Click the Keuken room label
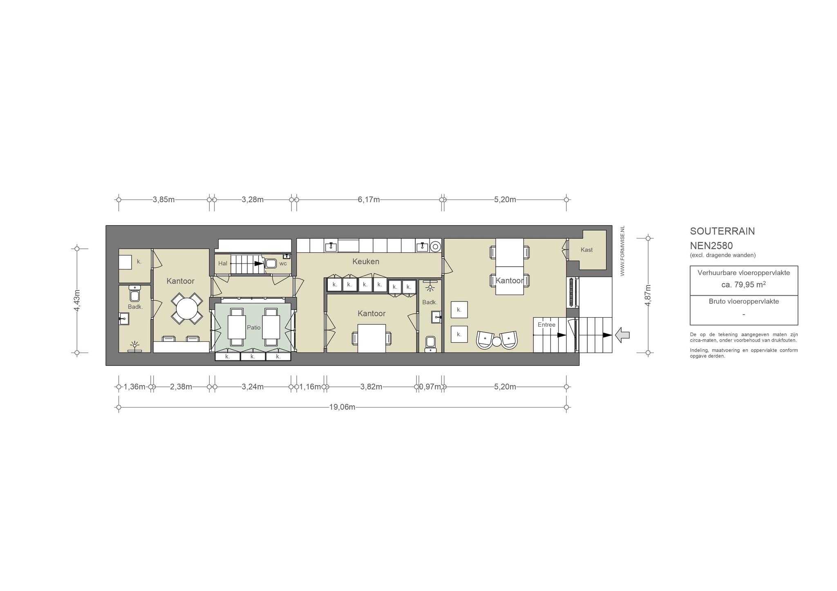(366, 261)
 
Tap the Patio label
(254, 327)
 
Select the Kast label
(586, 250)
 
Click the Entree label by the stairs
(546, 325)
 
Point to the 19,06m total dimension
(342, 407)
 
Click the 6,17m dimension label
(369, 199)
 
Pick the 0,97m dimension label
(430, 386)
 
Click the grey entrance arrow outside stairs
(622, 335)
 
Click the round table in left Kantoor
(187, 308)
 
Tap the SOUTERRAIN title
(722, 231)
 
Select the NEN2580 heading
(712, 245)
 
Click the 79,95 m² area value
(743, 284)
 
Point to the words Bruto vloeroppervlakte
(744, 301)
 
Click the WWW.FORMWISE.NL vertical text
(622, 251)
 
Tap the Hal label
(223, 263)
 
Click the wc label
(283, 263)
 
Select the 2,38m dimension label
(181, 386)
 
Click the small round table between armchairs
(497, 341)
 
